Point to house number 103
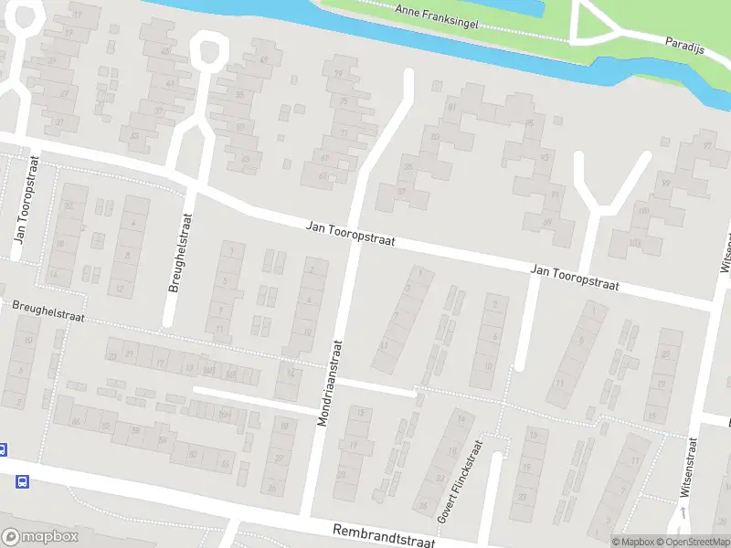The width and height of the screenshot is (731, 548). (634, 244)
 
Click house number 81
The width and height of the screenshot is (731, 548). (451, 107)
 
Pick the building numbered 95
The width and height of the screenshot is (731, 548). (529, 123)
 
